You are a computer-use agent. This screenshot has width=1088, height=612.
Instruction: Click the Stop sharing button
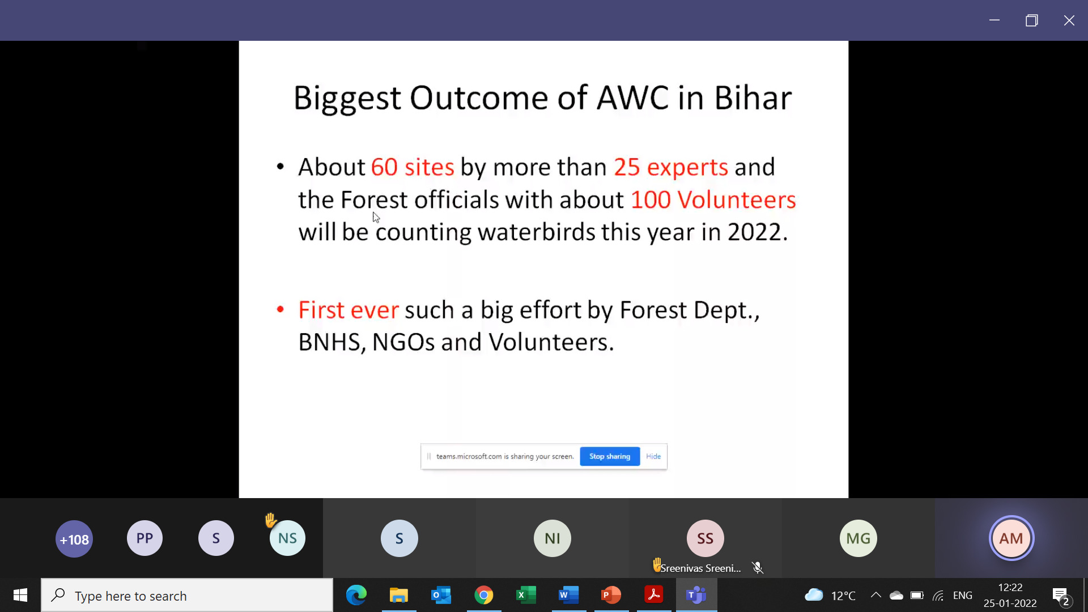(x=610, y=456)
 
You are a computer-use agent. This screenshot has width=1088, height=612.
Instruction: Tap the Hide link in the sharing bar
(x=653, y=456)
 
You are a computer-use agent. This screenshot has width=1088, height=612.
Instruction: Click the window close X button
(x=1069, y=20)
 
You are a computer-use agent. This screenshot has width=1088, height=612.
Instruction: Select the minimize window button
(x=994, y=20)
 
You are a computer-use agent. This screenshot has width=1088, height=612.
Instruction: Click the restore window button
(x=1032, y=20)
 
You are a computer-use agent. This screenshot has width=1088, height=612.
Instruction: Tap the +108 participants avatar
(x=74, y=539)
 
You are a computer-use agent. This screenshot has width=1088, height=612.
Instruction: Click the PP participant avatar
(x=144, y=538)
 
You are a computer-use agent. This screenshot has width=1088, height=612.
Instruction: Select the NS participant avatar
(x=287, y=538)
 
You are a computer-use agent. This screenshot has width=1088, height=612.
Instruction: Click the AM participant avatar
(x=1011, y=538)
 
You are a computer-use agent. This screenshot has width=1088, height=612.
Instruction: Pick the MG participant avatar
(x=858, y=538)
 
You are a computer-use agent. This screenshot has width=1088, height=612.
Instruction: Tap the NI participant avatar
(x=552, y=538)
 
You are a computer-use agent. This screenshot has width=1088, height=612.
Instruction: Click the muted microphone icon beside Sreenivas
(x=758, y=568)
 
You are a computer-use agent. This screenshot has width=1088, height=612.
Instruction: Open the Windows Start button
(x=20, y=595)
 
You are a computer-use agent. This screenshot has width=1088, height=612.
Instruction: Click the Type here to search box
(x=187, y=595)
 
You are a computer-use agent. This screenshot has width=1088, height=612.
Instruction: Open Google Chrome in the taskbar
(x=484, y=595)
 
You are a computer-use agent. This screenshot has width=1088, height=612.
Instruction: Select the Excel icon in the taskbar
(x=526, y=595)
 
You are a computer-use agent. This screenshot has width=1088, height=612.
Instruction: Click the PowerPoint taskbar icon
(x=611, y=595)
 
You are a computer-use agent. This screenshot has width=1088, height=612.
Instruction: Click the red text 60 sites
(x=413, y=167)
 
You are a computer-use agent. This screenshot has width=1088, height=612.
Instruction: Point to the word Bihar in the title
(x=753, y=98)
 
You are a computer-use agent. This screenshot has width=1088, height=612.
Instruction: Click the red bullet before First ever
(x=280, y=309)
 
